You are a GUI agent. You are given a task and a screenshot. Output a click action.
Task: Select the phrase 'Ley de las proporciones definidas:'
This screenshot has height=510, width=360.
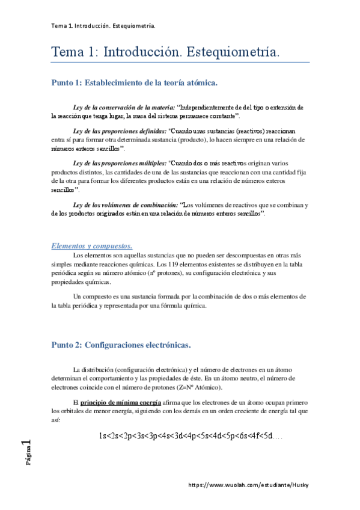(119, 131)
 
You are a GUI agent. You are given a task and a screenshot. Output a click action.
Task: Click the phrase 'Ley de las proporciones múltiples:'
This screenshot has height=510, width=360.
(119, 163)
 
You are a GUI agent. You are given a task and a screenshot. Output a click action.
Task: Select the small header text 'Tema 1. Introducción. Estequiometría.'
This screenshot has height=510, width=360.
(103, 26)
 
